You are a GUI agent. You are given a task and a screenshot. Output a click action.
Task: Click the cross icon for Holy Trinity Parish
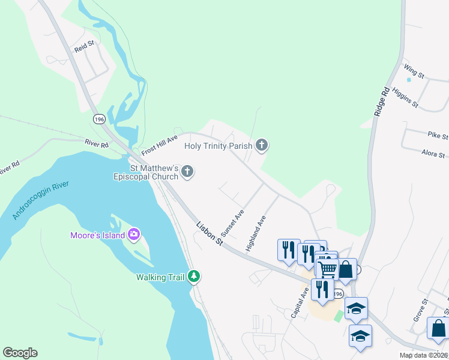click(x=261, y=145)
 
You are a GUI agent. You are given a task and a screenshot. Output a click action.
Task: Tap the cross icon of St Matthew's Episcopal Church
click(x=187, y=172)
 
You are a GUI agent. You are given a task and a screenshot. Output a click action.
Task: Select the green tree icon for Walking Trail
click(x=193, y=277)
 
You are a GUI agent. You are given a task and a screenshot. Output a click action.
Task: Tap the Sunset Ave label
click(x=232, y=222)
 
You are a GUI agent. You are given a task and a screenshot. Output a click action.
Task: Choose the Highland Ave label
click(x=255, y=233)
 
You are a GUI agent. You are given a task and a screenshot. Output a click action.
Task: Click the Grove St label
click(x=420, y=310)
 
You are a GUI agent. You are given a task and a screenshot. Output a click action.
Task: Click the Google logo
click(x=20, y=353)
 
